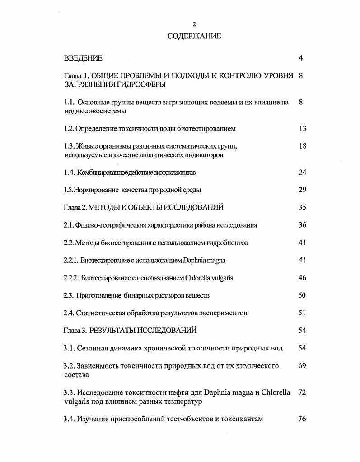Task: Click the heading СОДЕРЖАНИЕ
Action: click(194, 36)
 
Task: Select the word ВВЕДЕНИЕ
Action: click(83, 58)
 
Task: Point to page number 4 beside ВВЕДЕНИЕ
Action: click(301, 58)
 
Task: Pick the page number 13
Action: click(302, 128)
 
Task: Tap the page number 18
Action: click(302, 146)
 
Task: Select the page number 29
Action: click(302, 190)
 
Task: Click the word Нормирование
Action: click(94, 190)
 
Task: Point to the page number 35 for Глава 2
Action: click(302, 207)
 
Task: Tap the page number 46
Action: click(302, 278)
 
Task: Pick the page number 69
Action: click(302, 365)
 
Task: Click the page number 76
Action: click(302, 419)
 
